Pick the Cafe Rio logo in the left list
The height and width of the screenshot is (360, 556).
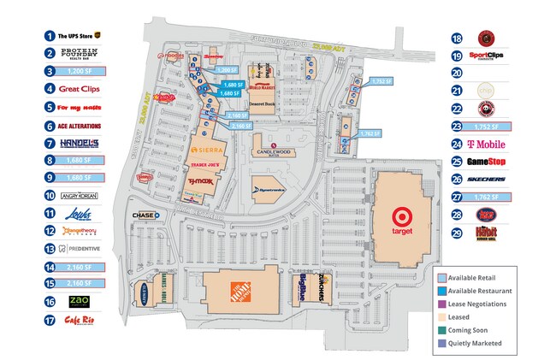point(78,321)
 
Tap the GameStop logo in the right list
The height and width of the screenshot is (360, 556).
point(490,162)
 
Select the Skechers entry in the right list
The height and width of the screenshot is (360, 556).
point(490,180)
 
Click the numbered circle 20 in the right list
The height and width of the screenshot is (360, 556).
point(458,73)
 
